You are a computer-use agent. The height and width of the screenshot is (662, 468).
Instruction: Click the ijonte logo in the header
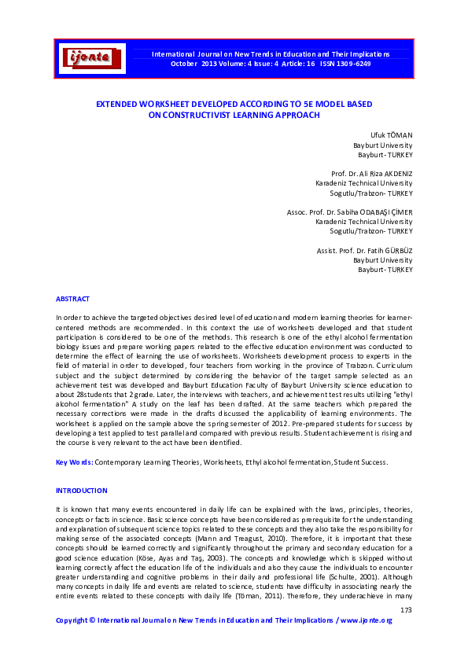tap(92, 57)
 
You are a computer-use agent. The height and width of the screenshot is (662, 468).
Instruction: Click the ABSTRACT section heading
tap(72, 299)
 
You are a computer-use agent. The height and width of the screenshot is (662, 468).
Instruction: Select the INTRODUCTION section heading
tap(81, 491)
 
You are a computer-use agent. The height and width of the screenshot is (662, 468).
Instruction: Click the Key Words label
tap(74, 462)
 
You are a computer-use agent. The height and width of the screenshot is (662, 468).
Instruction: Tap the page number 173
tap(406, 610)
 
